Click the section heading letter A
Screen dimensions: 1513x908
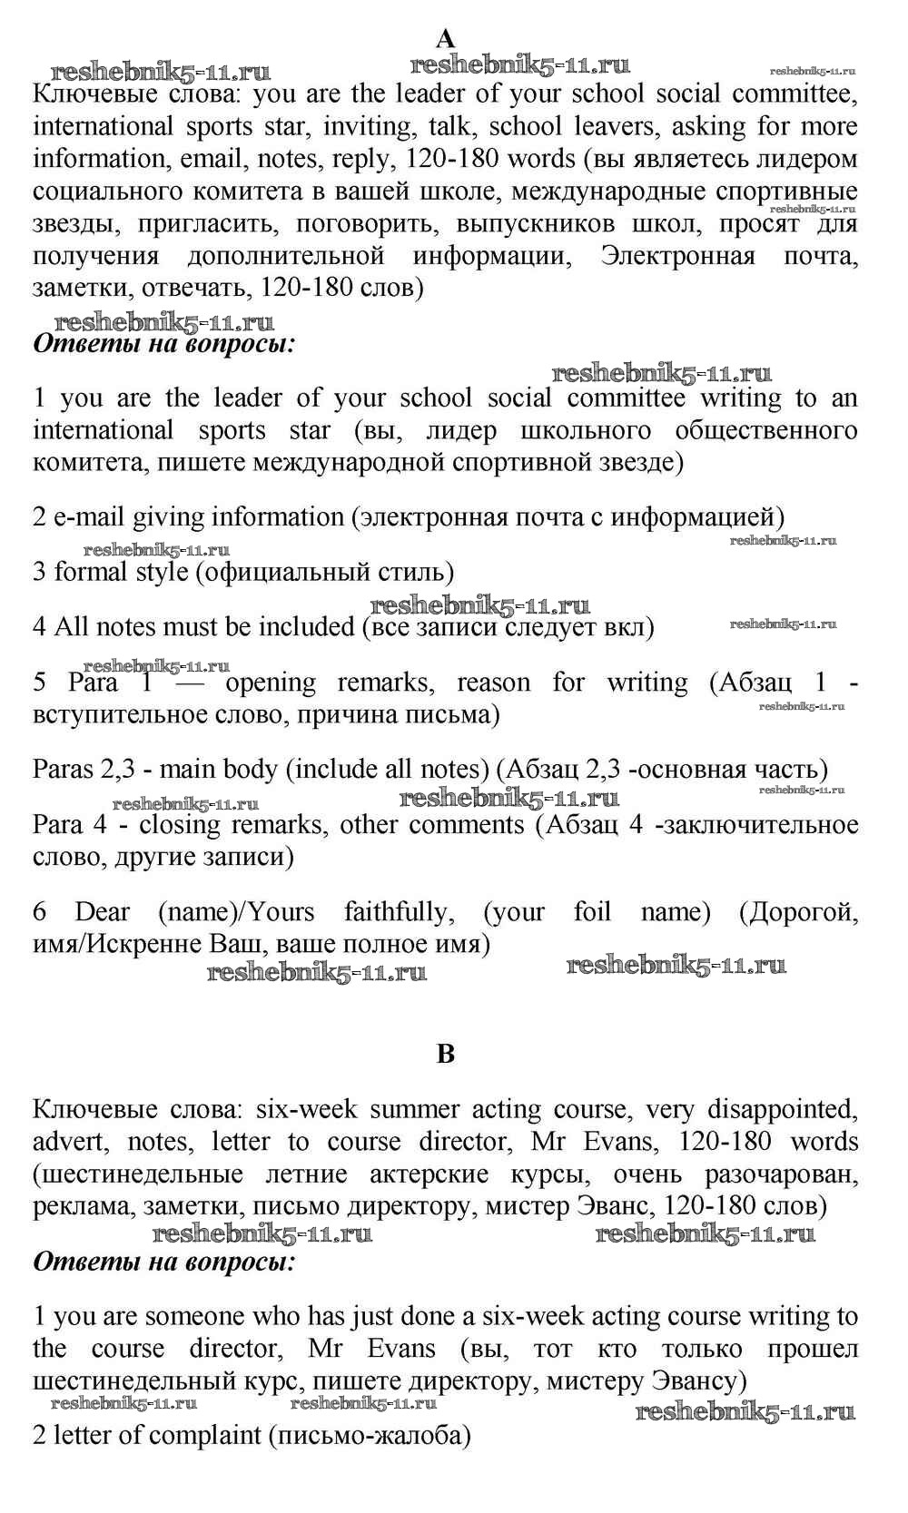(x=445, y=38)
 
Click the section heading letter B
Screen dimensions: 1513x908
(x=445, y=1053)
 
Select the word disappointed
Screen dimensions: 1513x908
(x=782, y=1109)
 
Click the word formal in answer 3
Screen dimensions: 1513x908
(x=92, y=573)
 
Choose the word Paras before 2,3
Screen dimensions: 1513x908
(x=64, y=770)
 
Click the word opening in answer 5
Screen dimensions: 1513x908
(x=271, y=683)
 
